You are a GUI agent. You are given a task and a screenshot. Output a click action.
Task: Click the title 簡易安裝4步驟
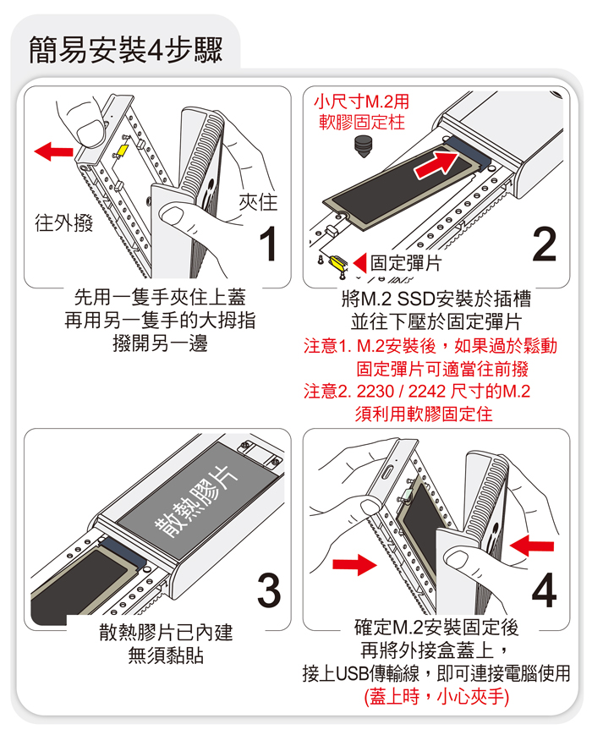coord(125,50)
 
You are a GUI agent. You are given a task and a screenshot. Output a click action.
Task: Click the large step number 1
coord(269,244)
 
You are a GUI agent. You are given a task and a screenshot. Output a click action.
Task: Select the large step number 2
coord(544,244)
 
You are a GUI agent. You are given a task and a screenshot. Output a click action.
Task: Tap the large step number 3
coord(269,590)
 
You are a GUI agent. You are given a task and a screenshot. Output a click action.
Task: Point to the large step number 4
coord(544,590)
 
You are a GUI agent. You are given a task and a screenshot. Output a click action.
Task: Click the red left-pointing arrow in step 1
coord(54,151)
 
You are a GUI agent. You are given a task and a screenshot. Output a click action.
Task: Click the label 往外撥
coord(63,222)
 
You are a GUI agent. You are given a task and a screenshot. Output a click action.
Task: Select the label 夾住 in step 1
coord(258,202)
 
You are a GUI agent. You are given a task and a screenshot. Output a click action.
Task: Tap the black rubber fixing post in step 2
coord(362,146)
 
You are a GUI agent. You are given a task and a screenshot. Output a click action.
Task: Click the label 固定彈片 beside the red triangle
coord(405,263)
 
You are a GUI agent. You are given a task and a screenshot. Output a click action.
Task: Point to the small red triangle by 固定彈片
coord(360,263)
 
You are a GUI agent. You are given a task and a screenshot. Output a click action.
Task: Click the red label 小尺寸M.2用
coord(361,101)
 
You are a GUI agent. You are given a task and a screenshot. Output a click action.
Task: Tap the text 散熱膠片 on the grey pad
coord(197,502)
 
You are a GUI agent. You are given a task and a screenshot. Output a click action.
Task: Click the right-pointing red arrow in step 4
coord(354,564)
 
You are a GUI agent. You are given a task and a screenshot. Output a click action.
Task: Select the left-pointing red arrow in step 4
coord(532,546)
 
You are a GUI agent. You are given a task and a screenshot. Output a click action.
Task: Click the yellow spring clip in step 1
coord(122,151)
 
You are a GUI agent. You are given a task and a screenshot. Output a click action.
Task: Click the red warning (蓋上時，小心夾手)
coord(436,697)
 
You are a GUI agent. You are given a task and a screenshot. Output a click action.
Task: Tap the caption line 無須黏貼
coord(166,655)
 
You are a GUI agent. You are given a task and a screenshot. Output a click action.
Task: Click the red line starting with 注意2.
coord(417,391)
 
